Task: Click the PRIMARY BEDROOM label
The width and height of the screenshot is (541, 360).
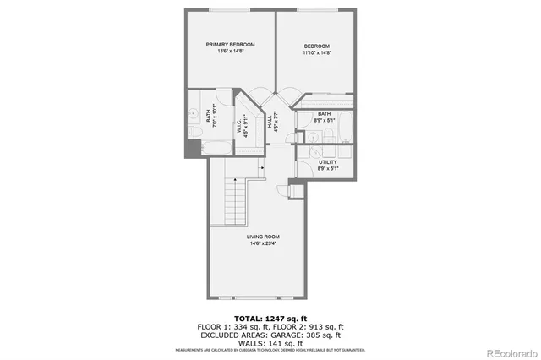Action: [230, 44]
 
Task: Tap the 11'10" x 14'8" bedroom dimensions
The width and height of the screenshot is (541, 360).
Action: [317, 53]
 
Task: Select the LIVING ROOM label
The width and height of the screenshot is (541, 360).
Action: [264, 236]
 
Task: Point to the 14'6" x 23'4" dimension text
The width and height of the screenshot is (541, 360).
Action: [264, 243]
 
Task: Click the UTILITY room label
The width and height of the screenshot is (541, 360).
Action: [328, 161]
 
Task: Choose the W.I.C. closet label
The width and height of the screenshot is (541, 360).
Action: [240, 126]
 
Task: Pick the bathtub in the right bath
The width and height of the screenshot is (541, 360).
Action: [332, 132]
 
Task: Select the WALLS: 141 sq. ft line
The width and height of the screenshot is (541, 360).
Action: [270, 343]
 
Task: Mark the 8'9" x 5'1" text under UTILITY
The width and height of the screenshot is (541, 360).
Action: [328, 168]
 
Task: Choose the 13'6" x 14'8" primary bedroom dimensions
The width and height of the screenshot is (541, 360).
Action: [230, 52]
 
